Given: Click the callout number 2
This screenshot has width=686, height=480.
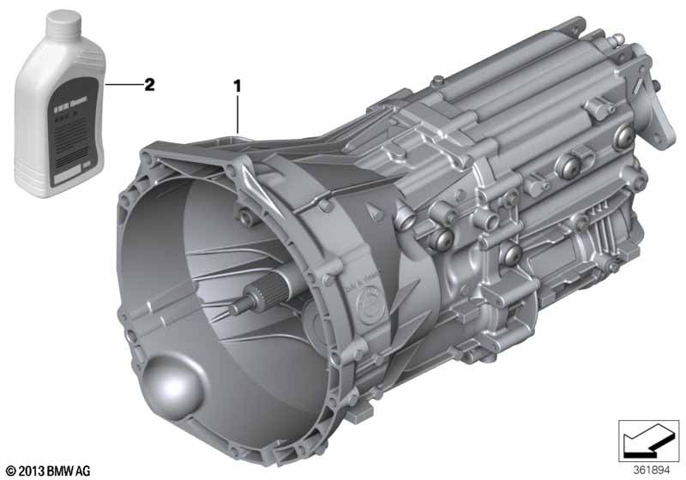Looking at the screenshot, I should [149, 84].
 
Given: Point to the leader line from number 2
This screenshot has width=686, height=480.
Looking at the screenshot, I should [121, 85].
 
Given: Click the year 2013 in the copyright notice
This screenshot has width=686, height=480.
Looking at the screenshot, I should [32, 470].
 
